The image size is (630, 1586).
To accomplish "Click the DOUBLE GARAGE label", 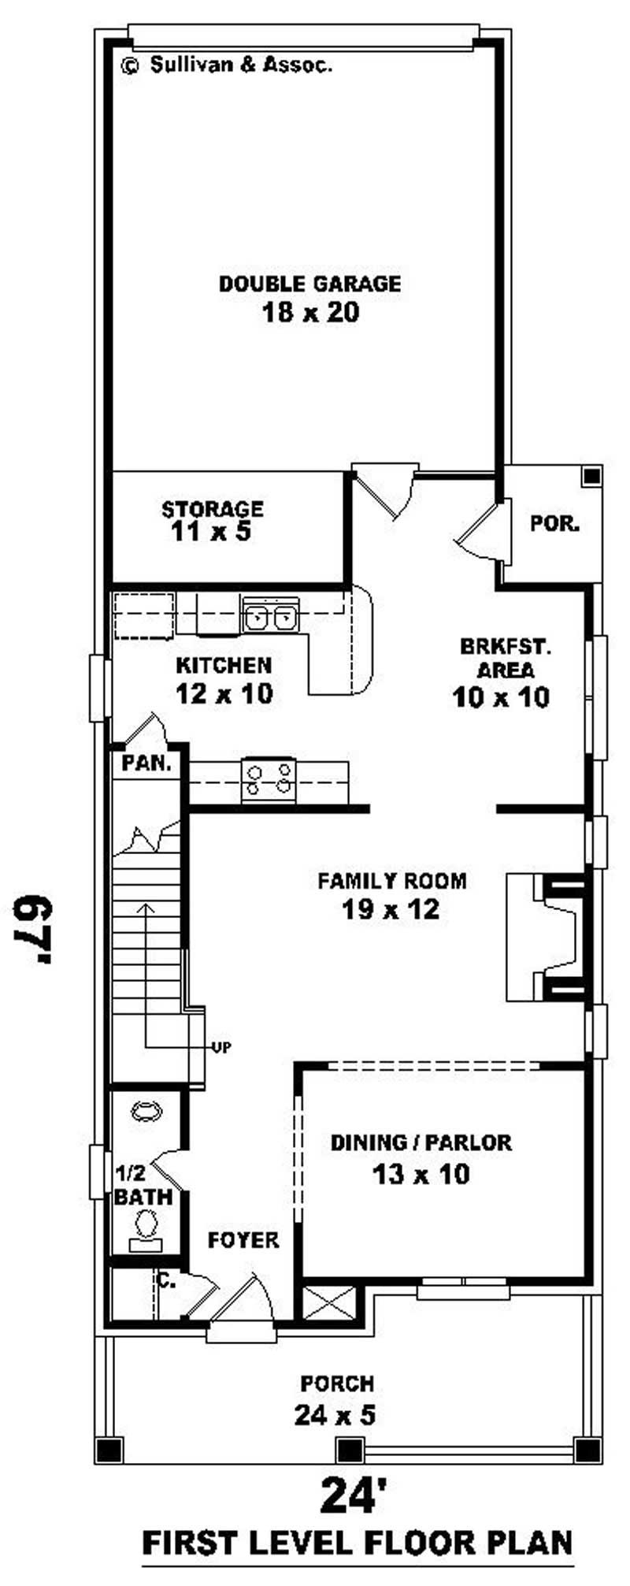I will pos(309,284).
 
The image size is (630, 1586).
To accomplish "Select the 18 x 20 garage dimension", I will pos(310,314).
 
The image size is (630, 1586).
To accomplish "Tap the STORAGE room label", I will pos(213,508).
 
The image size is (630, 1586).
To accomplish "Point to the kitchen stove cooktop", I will pos(269,779).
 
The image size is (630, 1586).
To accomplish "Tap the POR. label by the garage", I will pos(554,523).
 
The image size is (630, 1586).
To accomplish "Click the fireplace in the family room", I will pos(551,936).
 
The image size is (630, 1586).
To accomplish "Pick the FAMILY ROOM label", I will pos(391,881).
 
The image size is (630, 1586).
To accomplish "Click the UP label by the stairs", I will pos(221,1048).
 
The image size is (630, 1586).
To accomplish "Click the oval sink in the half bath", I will pos(146,1111).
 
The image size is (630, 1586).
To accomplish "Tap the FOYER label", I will pos(243,1240).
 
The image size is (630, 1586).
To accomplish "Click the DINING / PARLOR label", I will pos(421,1142).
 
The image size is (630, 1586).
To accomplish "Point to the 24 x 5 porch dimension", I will pos(335,1416).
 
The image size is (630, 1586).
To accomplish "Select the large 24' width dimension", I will pos(353,1495).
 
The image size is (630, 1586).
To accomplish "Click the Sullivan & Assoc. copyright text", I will pos(227,65).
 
